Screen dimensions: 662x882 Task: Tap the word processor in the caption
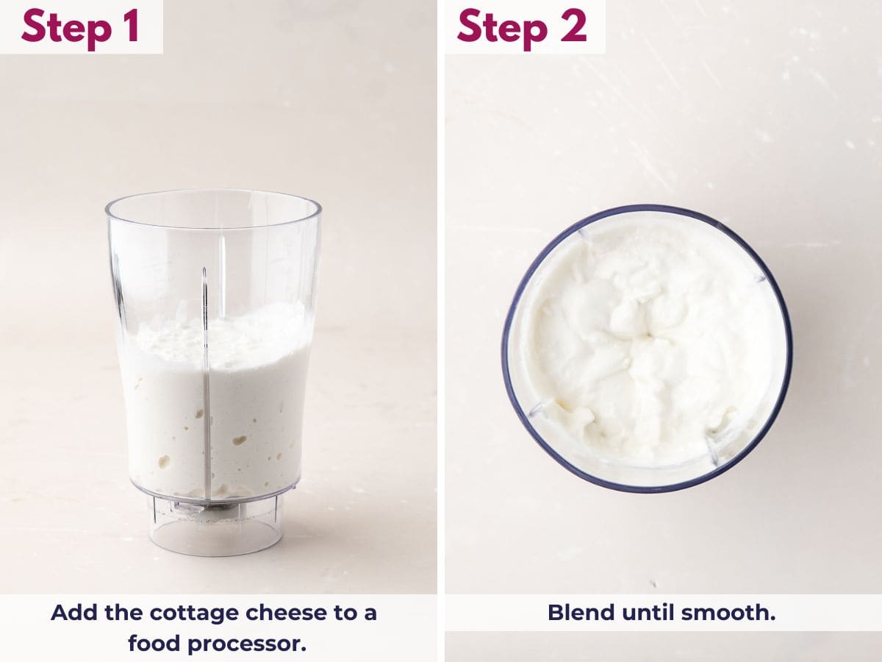246,643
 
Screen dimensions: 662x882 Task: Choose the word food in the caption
154,643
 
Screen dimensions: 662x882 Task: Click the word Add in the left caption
71,613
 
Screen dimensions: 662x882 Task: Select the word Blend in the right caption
579,613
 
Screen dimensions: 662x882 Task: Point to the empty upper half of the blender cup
213,250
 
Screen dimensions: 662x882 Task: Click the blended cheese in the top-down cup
647,346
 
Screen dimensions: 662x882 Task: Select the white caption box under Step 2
661,613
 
